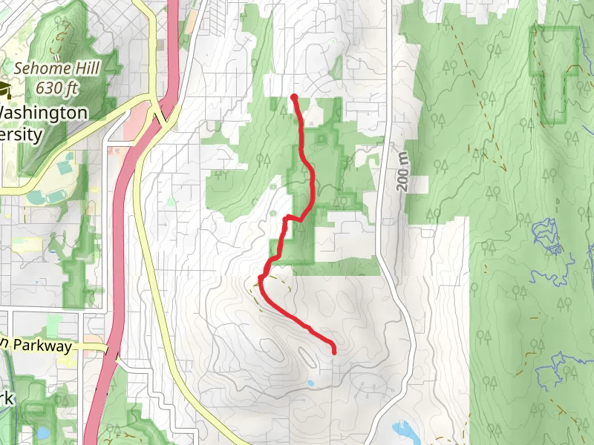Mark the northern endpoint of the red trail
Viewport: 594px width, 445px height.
click(x=295, y=97)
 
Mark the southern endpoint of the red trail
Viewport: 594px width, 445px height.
click(x=333, y=352)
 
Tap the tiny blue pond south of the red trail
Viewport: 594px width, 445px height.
click(x=310, y=383)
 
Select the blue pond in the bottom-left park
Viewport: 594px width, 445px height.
click(x=42, y=432)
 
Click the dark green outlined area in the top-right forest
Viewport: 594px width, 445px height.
click(x=553, y=74)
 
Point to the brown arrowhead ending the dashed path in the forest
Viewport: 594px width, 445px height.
click(x=572, y=67)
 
